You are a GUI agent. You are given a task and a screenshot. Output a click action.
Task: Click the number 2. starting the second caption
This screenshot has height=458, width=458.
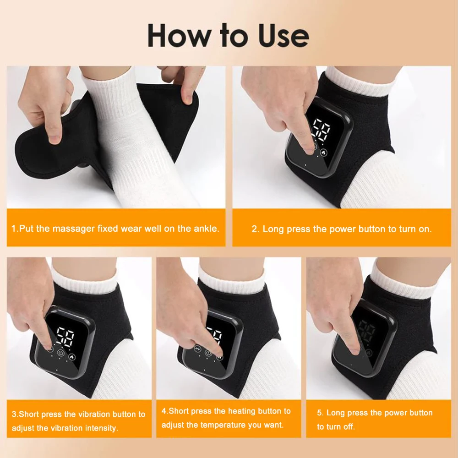[x=255, y=229]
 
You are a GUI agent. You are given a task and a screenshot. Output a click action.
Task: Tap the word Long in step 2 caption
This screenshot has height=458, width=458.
[x=273, y=229]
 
